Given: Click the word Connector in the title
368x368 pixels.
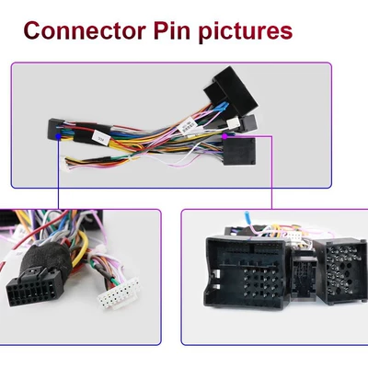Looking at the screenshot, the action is pyautogui.click(x=85, y=30).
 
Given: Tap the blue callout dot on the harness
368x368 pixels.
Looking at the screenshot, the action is pyautogui.click(x=58, y=135).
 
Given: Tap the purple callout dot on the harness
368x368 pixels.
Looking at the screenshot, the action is pyautogui.click(x=224, y=135).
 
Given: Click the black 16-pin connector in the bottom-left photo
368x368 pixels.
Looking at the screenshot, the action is pyautogui.click(x=30, y=289).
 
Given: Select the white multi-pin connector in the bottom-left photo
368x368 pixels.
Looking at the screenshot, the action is pyautogui.click(x=118, y=293).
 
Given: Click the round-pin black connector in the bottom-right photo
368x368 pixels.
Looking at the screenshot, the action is pyautogui.click(x=340, y=271).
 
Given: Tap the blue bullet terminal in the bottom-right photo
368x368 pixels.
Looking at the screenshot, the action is pyautogui.click(x=247, y=218).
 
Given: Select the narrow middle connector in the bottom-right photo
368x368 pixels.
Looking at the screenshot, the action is pyautogui.click(x=303, y=274).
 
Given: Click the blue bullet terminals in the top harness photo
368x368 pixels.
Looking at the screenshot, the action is pyautogui.click(x=224, y=107).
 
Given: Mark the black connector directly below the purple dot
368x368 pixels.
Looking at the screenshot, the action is pyautogui.click(x=239, y=151).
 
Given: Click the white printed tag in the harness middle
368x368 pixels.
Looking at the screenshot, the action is pyautogui.click(x=186, y=125).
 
